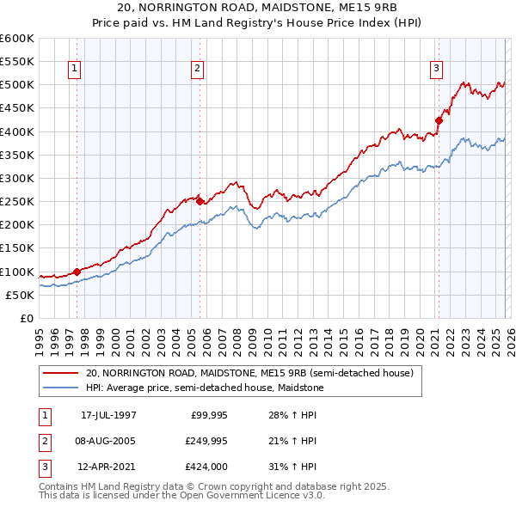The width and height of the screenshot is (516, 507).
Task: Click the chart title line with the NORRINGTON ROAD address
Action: click(x=258, y=8)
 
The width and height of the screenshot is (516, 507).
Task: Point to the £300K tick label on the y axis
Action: click(x=17, y=178)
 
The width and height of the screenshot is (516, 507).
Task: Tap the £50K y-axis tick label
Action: click(x=20, y=295)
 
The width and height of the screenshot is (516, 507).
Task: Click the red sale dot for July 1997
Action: click(x=77, y=272)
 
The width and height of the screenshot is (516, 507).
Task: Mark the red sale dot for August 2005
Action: click(x=200, y=201)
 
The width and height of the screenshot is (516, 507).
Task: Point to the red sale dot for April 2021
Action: click(x=439, y=120)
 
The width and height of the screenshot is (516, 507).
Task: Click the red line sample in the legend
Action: click(x=60, y=373)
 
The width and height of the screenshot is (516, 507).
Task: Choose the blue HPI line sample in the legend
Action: click(x=60, y=388)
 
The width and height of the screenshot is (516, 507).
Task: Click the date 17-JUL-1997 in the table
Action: click(x=108, y=415)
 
